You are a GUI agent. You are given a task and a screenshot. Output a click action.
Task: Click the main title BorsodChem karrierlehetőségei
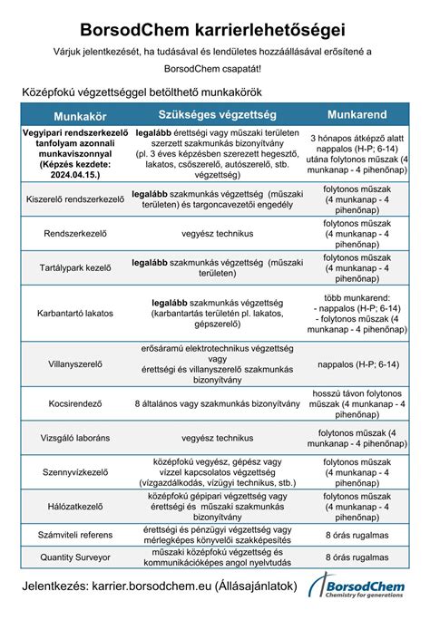click(x=215, y=31)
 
